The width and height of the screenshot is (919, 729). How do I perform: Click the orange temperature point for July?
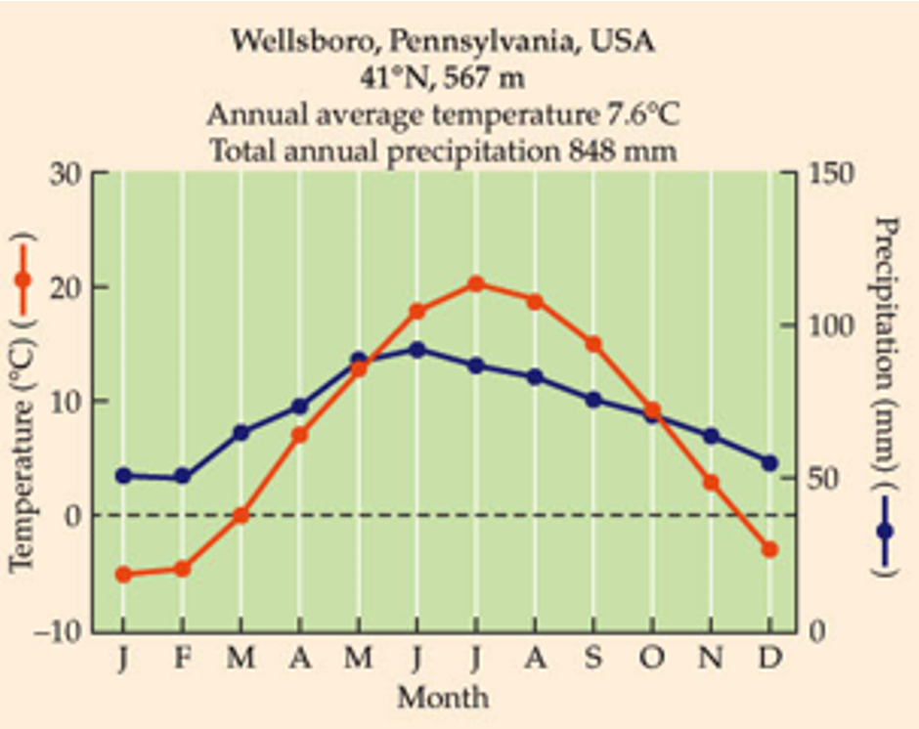476,284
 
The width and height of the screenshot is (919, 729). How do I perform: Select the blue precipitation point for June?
417,350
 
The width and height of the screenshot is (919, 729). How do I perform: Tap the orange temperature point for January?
123,574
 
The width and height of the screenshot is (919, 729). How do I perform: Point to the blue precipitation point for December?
769,463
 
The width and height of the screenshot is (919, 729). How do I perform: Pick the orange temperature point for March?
241,515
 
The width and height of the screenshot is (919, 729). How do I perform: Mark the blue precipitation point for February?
182,477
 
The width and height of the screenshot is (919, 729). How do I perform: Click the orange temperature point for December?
769,550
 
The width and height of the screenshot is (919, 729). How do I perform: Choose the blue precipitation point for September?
593,400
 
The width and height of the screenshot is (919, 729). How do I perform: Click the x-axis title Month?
442,697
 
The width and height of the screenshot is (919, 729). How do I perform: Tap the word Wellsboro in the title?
294,42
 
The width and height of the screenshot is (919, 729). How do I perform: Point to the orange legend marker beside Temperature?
23,279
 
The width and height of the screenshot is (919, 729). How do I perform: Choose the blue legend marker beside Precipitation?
885,531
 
